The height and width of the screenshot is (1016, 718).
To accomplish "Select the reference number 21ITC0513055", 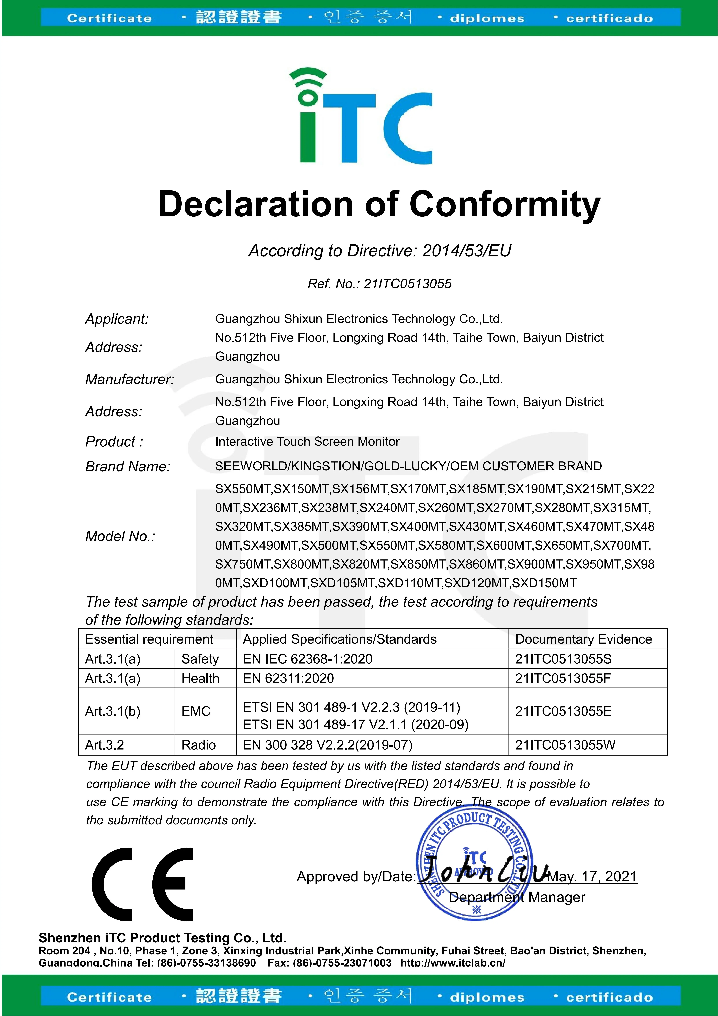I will point(407,284).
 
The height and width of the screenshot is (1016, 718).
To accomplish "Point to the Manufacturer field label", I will point(130,379).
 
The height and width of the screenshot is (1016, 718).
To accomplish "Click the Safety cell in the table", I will point(200,659).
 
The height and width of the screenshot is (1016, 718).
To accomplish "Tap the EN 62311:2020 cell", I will point(288,678).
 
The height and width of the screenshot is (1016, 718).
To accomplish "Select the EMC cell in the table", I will point(196,711).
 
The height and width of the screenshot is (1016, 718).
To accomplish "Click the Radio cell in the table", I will point(199,745).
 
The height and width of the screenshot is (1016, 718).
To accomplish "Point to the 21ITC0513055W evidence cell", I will point(565,745).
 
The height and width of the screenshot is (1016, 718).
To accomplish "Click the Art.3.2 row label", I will point(104,745).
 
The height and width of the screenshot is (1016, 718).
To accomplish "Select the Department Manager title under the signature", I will point(517,897).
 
